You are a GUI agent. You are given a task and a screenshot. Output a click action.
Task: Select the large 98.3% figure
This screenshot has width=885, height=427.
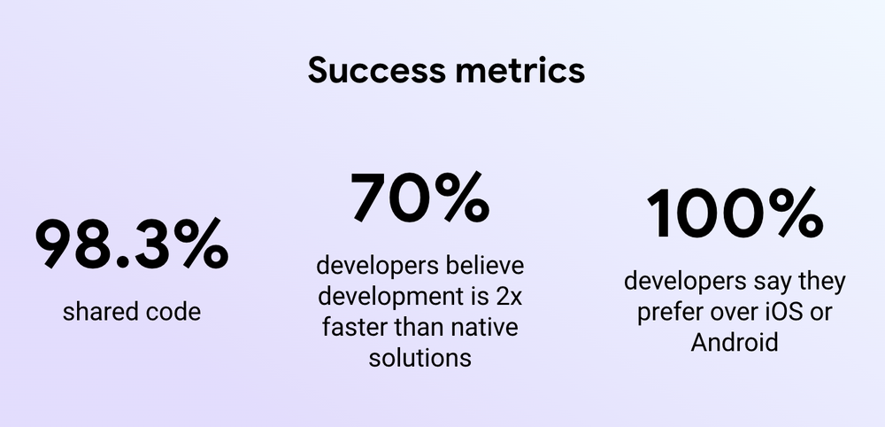click(131, 245)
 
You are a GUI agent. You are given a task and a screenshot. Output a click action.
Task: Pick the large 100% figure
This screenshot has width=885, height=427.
click(735, 213)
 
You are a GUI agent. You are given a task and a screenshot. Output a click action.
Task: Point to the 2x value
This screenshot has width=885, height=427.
click(504, 297)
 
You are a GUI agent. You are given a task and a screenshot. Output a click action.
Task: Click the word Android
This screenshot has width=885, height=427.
click(735, 343)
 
